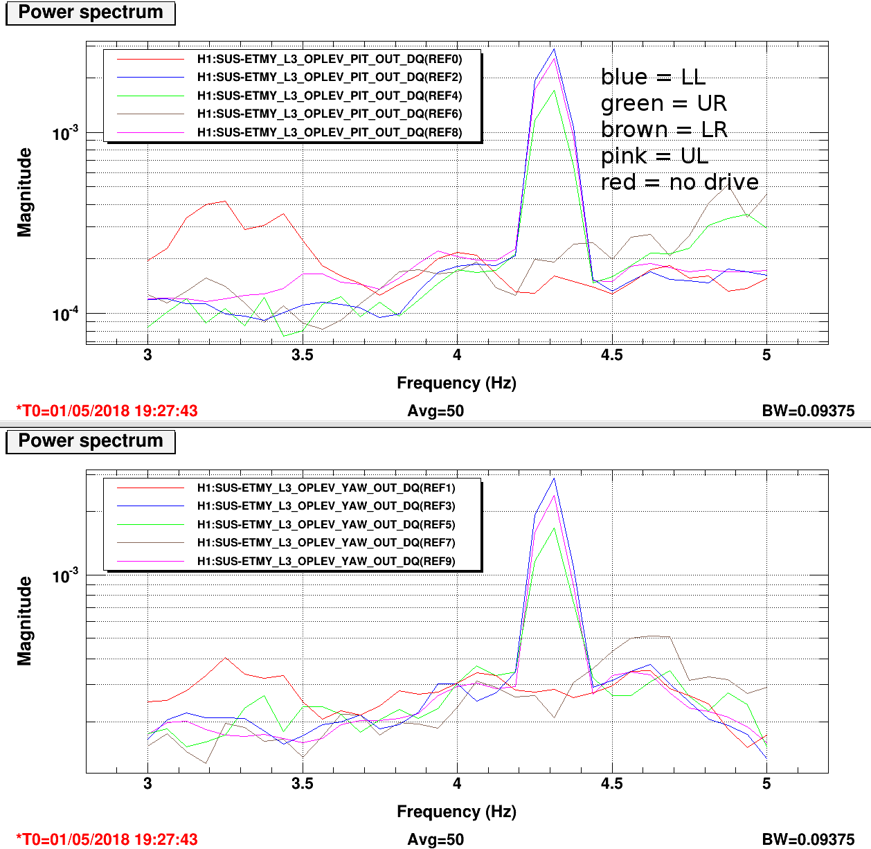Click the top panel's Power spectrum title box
(90, 13)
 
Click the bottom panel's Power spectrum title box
(90, 442)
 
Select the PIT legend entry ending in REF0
(329, 59)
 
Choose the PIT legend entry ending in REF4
(329, 96)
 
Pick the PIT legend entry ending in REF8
(329, 132)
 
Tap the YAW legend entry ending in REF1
(326, 488)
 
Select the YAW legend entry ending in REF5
(326, 524)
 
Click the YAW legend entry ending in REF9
(326, 561)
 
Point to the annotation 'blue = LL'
(653, 77)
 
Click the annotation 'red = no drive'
(679, 182)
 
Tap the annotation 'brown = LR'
(664, 129)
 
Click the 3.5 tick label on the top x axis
(302, 355)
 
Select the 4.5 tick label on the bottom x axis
(611, 784)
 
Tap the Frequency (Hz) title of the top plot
(456, 383)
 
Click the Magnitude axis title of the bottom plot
(25, 620)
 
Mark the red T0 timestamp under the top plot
(107, 411)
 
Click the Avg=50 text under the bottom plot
(435, 839)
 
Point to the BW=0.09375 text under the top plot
(808, 411)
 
